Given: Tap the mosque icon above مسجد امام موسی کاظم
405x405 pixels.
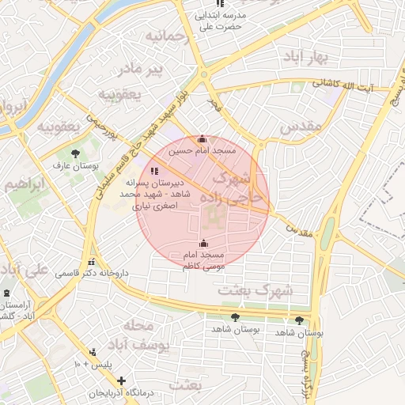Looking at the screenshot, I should click(x=204, y=243).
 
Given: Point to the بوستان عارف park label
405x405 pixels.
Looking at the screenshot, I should click(x=74, y=166).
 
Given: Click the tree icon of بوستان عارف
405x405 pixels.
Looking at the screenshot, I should click(x=75, y=153).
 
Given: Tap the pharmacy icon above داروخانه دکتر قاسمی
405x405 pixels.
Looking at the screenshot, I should click(x=93, y=262).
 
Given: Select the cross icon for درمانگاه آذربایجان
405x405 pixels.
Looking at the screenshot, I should click(x=121, y=380).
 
